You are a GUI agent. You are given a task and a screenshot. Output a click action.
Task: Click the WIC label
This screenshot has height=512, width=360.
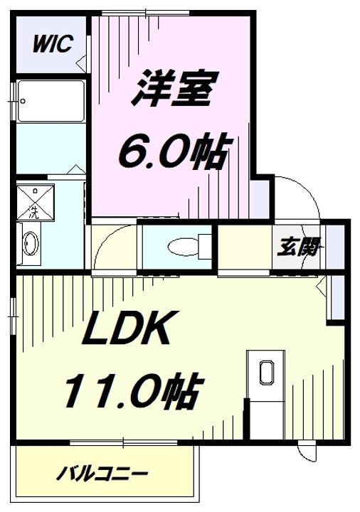pos(50,45)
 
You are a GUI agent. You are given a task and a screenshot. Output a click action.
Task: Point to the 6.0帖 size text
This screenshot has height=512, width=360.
pos(173,150)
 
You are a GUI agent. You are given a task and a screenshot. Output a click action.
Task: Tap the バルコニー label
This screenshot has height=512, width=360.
pos(103,473)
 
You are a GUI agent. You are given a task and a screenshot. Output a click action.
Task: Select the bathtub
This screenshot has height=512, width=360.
pos(51,101)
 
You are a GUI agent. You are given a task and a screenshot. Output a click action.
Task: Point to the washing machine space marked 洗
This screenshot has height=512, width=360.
pos(33,202)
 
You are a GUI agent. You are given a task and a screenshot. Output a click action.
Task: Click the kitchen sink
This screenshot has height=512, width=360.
pos(268,374)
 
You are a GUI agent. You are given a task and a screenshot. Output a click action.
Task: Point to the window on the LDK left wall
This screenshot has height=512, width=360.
pos(14,312)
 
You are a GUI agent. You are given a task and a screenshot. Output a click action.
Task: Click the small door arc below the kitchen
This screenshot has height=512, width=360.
pos(308,450)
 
